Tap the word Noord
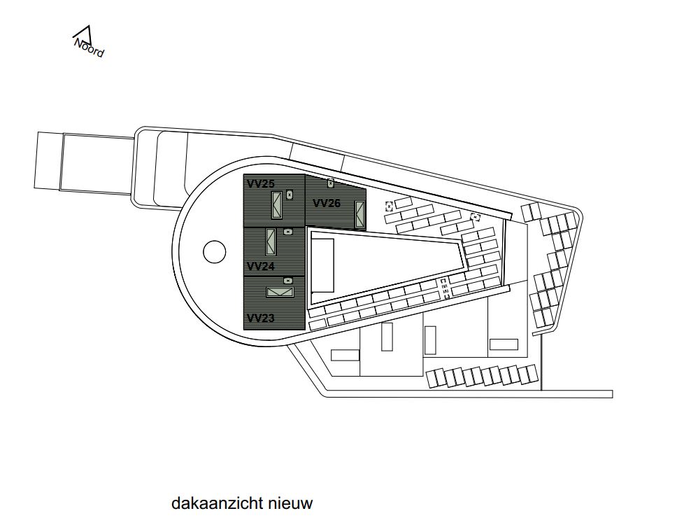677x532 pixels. point(89,48)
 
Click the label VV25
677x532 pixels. point(261,183)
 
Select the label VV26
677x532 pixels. point(327,203)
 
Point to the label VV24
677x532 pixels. point(260,266)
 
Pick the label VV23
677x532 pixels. point(260,318)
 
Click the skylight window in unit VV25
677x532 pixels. point(277,205)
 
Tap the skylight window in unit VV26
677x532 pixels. point(359,214)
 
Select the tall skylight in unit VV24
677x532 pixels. point(271,241)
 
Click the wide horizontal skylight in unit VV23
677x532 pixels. point(280,293)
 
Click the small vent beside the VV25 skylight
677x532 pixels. point(290,195)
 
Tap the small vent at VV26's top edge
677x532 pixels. point(331,183)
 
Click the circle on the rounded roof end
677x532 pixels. point(215,251)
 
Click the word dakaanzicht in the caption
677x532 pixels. point(217,503)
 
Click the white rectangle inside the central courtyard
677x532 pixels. point(322,266)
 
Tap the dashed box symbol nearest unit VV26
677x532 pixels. point(389,206)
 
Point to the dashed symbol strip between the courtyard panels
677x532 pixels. point(445,289)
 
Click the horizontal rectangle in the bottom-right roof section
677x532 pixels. point(504,344)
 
